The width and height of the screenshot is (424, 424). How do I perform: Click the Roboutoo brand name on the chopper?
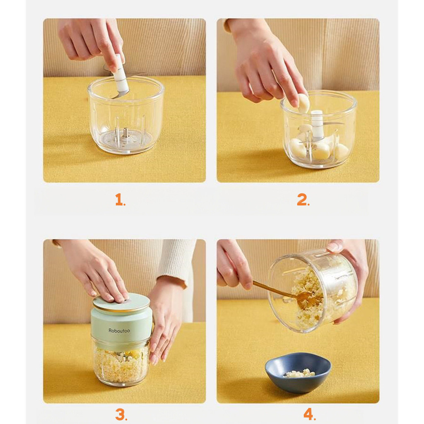(x=119, y=330)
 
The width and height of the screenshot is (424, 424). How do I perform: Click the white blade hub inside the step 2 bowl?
(x=317, y=124)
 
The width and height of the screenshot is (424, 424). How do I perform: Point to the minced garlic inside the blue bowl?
(x=300, y=373)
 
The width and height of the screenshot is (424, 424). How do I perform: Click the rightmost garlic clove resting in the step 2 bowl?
(x=340, y=150)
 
